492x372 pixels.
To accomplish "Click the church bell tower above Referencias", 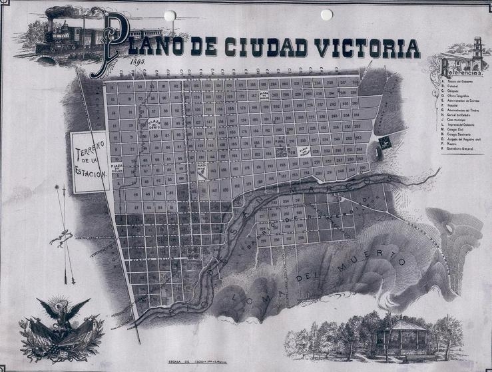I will [477, 51].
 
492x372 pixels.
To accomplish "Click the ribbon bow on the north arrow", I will [65, 234].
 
